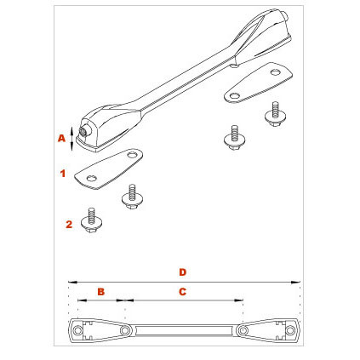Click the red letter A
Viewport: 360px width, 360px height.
(61, 138)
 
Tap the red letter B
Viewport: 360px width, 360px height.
(101, 292)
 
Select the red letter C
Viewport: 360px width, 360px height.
(182, 292)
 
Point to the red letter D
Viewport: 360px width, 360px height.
(183, 272)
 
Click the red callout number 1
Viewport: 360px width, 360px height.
(63, 174)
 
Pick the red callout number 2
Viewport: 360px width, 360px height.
(69, 225)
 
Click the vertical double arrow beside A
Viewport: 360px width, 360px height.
(71, 139)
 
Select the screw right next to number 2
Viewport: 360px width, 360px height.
(91, 220)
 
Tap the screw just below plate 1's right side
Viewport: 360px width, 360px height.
(133, 197)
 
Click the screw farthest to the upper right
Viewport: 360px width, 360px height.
(275, 114)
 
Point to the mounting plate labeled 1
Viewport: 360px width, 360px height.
(108, 169)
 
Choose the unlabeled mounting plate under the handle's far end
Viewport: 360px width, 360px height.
(259, 83)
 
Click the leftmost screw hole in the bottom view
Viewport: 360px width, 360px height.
(77, 330)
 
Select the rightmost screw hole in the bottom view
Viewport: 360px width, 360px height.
(289, 330)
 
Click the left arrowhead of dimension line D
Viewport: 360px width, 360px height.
(72, 282)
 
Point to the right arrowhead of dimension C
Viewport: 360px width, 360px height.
(238, 300)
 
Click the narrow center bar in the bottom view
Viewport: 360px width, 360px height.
(184, 330)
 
